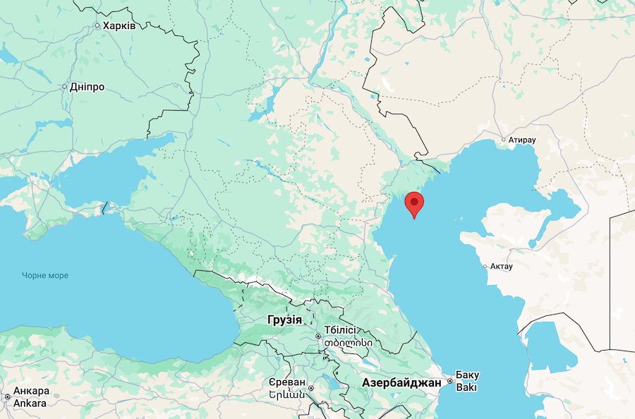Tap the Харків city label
(119, 25)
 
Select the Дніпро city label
(87, 87)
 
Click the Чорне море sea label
(45, 275)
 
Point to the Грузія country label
(284, 320)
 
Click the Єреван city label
(286, 382)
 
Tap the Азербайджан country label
(401, 382)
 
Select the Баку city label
(467, 375)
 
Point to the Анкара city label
(31, 391)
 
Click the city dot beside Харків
(97, 26)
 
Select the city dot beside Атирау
(504, 140)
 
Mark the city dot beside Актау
(485, 267)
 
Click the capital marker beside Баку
(449, 381)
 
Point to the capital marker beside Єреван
(311, 387)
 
